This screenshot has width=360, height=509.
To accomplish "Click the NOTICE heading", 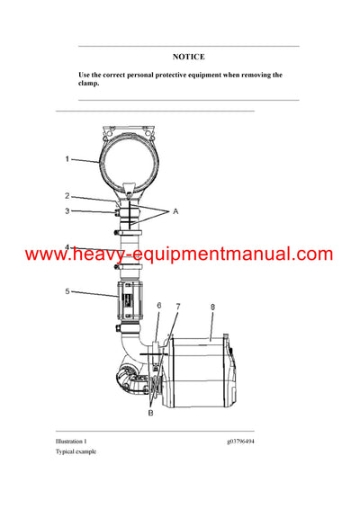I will tap(188, 57).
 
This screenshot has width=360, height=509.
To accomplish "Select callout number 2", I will tap(67, 195).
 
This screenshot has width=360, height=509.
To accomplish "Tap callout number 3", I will tap(67, 211).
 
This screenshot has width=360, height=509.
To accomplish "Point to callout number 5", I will tap(67, 291).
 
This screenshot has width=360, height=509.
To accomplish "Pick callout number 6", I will tap(158, 307).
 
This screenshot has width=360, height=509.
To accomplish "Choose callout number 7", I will tap(177, 307).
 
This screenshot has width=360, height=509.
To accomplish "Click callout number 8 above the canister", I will tap(212, 307).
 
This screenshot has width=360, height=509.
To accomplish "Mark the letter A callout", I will tap(176, 211).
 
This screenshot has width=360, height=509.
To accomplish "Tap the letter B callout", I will tap(150, 414).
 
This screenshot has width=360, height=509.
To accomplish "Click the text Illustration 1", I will tap(71, 442).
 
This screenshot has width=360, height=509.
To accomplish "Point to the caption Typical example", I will tap(76, 451).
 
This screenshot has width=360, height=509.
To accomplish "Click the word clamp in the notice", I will tap(88, 85).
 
